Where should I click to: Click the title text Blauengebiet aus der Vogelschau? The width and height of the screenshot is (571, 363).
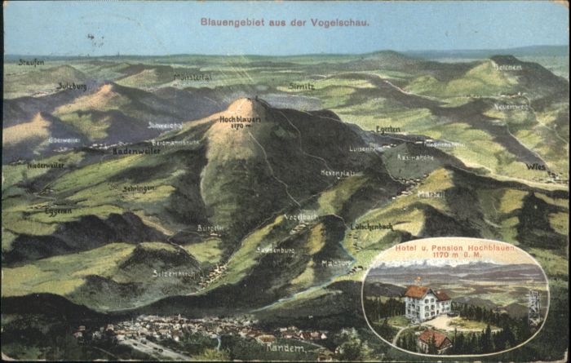(x=284, y=22)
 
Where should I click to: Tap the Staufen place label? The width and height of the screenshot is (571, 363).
(x=31, y=62)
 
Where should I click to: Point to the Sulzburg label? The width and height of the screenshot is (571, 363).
(x=72, y=86)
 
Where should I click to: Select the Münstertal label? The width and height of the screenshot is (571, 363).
(x=193, y=77)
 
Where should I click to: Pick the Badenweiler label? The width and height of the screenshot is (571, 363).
(x=137, y=151)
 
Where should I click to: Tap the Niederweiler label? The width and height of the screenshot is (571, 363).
(x=45, y=165)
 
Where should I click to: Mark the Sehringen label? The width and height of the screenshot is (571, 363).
(x=139, y=188)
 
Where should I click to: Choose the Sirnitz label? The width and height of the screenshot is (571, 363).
(x=301, y=86)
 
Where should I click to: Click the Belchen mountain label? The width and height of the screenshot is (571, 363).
(x=507, y=67)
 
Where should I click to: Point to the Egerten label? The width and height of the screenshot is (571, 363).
(x=387, y=129)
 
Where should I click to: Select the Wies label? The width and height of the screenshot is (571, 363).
(x=535, y=166)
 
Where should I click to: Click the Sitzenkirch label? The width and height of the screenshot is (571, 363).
(x=174, y=273)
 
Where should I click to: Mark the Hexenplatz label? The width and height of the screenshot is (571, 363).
(x=337, y=173)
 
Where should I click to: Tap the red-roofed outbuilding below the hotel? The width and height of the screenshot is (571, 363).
(x=434, y=339)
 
